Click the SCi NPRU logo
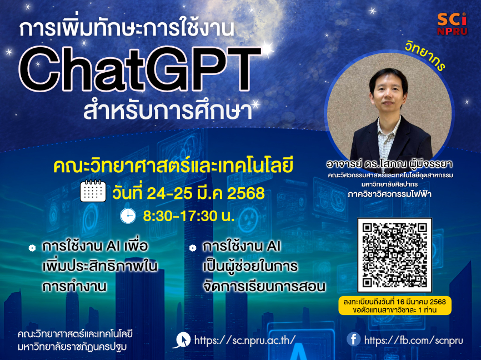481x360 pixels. [x=452, y=23]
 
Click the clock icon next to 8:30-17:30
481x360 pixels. [x=128, y=215]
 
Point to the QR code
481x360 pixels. [x=395, y=255]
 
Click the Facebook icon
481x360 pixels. [x=353, y=339]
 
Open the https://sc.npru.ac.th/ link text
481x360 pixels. [x=245, y=340]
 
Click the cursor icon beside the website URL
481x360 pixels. [x=181, y=340]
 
